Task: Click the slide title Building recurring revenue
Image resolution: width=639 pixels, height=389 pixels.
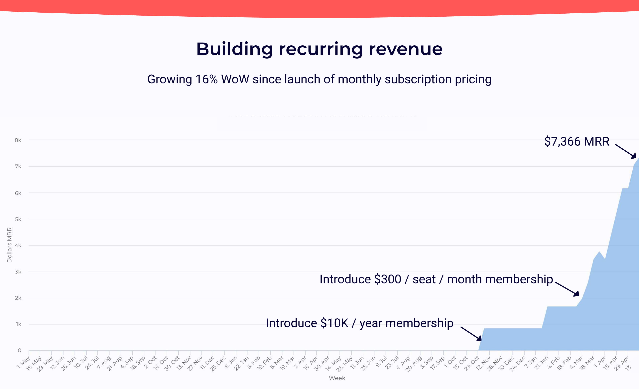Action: (x=319, y=49)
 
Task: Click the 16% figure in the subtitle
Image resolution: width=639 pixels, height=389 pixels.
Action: (x=207, y=79)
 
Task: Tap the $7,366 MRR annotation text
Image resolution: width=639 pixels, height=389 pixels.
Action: (x=576, y=142)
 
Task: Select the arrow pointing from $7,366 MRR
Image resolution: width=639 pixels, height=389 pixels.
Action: (x=625, y=151)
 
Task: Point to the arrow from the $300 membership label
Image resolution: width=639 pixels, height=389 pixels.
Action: (x=567, y=289)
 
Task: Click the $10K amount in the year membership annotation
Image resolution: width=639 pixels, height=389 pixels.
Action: (x=334, y=323)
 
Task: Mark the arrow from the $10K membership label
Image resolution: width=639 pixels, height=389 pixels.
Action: (x=471, y=334)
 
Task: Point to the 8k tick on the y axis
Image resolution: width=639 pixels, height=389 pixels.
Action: (x=18, y=140)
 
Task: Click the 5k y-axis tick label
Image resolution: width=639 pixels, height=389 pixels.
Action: (x=18, y=219)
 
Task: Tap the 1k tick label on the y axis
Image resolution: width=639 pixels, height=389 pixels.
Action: (x=18, y=324)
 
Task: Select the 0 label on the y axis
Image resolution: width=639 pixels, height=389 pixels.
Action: (x=19, y=350)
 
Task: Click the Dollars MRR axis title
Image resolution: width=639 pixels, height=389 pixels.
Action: (x=9, y=245)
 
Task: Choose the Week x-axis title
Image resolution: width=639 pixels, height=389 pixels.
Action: (x=337, y=378)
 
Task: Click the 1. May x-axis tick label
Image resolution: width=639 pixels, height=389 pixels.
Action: (x=24, y=363)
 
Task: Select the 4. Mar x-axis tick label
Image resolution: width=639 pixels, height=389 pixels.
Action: (x=576, y=363)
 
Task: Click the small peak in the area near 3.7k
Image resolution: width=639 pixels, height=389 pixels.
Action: (x=599, y=252)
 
